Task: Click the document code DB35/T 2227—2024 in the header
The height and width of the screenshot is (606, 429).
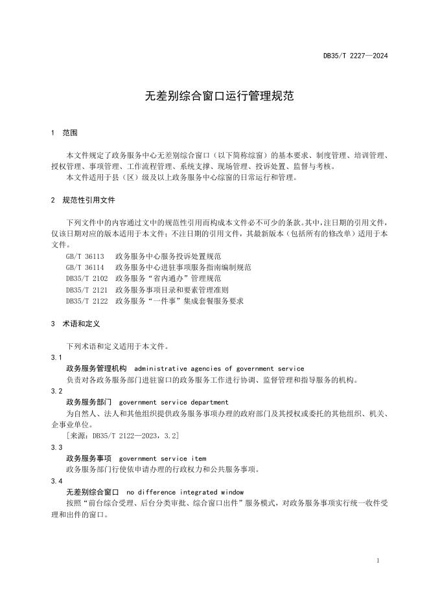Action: click(x=355, y=56)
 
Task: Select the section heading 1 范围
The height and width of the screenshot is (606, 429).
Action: click(x=64, y=133)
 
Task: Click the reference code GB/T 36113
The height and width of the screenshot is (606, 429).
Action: click(x=86, y=257)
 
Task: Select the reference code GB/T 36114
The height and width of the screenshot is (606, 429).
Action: click(x=86, y=267)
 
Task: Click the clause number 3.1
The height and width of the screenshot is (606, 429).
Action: click(x=57, y=357)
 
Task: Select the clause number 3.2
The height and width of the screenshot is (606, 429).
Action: click(x=57, y=391)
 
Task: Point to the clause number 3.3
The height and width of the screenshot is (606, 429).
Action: click(x=57, y=447)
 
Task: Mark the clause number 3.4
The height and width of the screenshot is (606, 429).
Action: click(x=57, y=481)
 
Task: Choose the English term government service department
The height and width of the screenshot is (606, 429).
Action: click(x=174, y=402)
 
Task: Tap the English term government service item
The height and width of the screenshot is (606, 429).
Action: click(x=163, y=458)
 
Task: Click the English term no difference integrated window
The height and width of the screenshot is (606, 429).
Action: click(x=185, y=492)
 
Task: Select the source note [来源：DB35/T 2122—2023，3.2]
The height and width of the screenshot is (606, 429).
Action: click(x=123, y=436)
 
